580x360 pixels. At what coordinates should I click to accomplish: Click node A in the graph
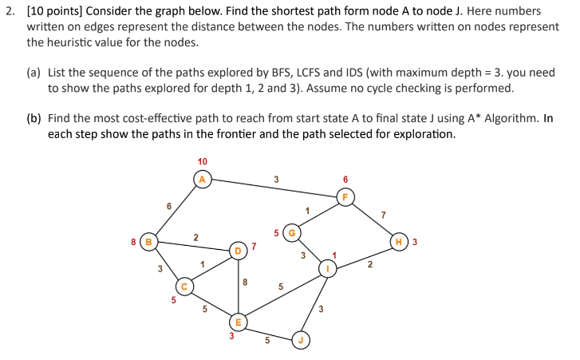[202, 179]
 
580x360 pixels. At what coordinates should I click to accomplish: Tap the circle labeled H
[399, 240]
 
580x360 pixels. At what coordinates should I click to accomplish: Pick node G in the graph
[293, 233]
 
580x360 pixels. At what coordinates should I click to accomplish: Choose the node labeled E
[237, 322]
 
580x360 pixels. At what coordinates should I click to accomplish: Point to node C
[184, 286]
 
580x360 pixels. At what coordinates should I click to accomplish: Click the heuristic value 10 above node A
[202, 162]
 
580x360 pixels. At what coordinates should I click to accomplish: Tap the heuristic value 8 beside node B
[133, 240]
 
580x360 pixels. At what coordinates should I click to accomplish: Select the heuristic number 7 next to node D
[254, 245]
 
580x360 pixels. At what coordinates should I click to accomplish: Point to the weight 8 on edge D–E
[244, 282]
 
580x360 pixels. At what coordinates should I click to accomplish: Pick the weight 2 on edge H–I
[369, 264]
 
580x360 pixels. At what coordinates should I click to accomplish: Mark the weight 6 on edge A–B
[168, 206]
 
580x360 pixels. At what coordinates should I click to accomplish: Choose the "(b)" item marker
[34, 117]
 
